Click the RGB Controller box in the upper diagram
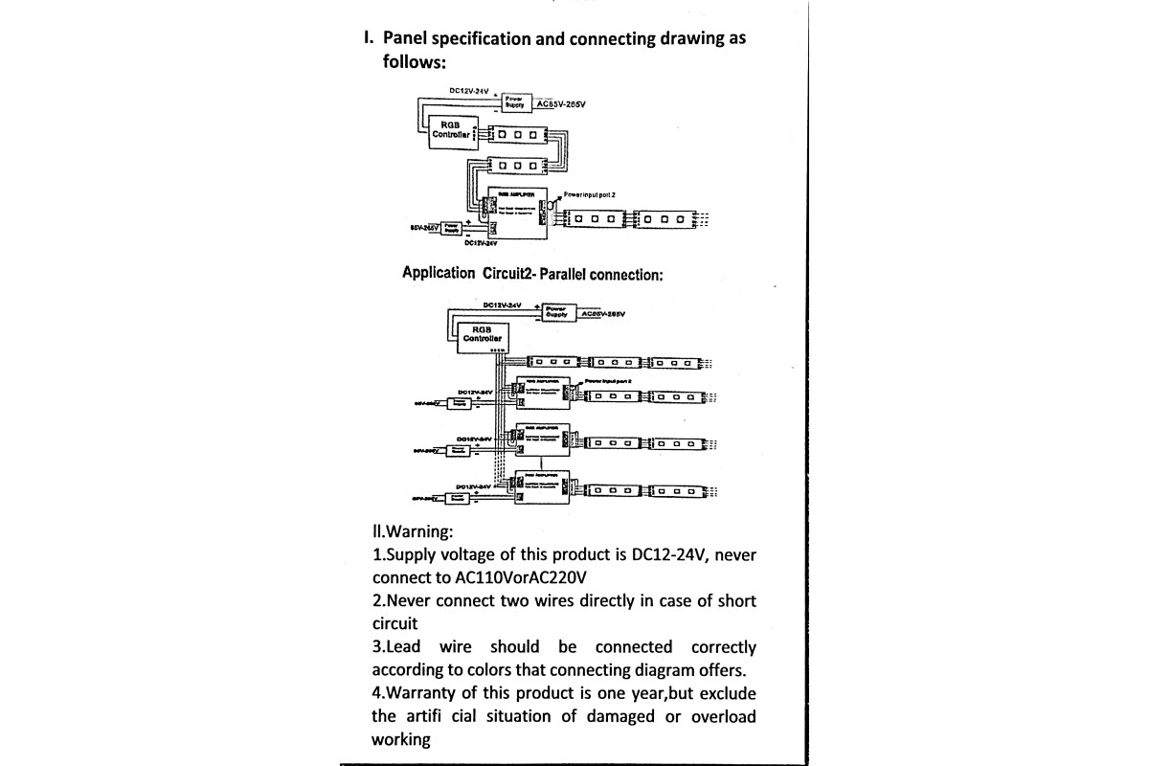(x=451, y=129)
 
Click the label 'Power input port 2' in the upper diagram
(x=590, y=194)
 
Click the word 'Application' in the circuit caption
(x=439, y=273)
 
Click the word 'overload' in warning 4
(x=723, y=716)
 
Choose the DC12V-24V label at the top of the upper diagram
(x=469, y=91)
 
